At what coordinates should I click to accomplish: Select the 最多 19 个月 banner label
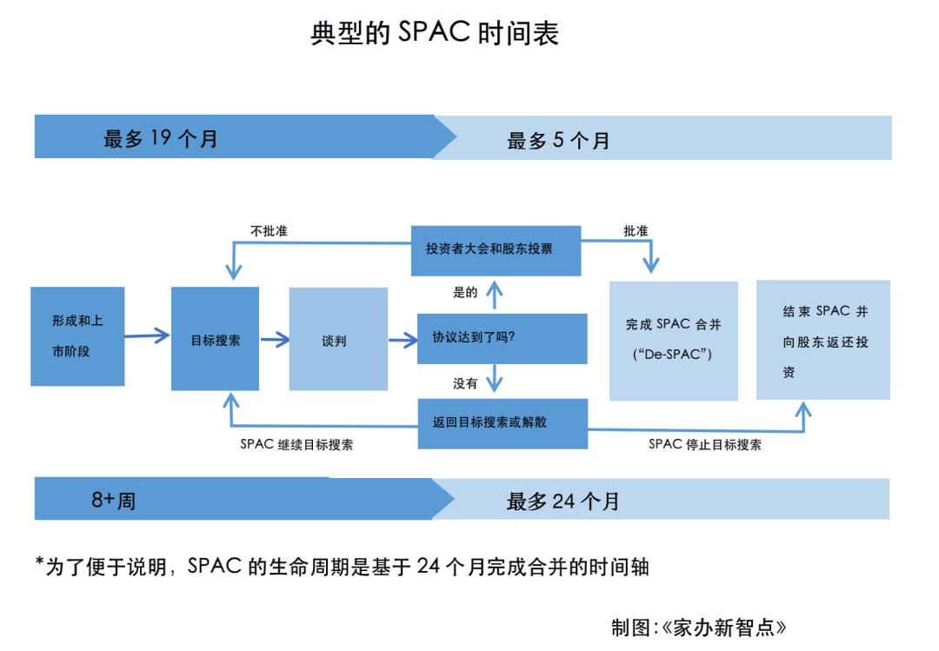click(161, 139)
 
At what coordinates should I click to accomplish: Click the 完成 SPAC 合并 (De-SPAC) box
click(674, 341)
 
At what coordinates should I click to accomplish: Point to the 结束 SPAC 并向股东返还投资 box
click(822, 340)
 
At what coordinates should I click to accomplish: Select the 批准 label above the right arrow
click(636, 230)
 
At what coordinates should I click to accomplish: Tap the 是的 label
click(465, 293)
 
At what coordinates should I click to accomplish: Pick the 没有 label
click(465, 383)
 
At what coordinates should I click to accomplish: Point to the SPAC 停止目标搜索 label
click(705, 444)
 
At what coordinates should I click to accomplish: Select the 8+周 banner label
click(114, 502)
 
